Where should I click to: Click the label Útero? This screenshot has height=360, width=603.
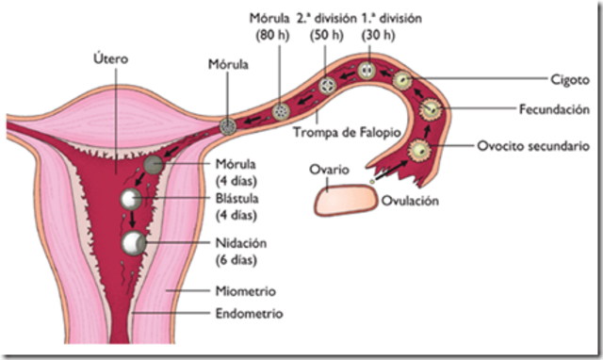click(112, 58)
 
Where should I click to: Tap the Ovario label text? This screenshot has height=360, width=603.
click(330, 170)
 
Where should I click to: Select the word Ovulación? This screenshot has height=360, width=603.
click(412, 200)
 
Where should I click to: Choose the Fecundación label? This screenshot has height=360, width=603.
click(552, 108)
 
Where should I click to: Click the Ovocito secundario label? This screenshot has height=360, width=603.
click(532, 146)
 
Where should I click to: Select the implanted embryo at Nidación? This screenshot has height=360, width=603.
click(138, 243)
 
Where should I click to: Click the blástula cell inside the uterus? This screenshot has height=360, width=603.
click(133, 199)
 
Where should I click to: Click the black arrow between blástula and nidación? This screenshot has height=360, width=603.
click(134, 221)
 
